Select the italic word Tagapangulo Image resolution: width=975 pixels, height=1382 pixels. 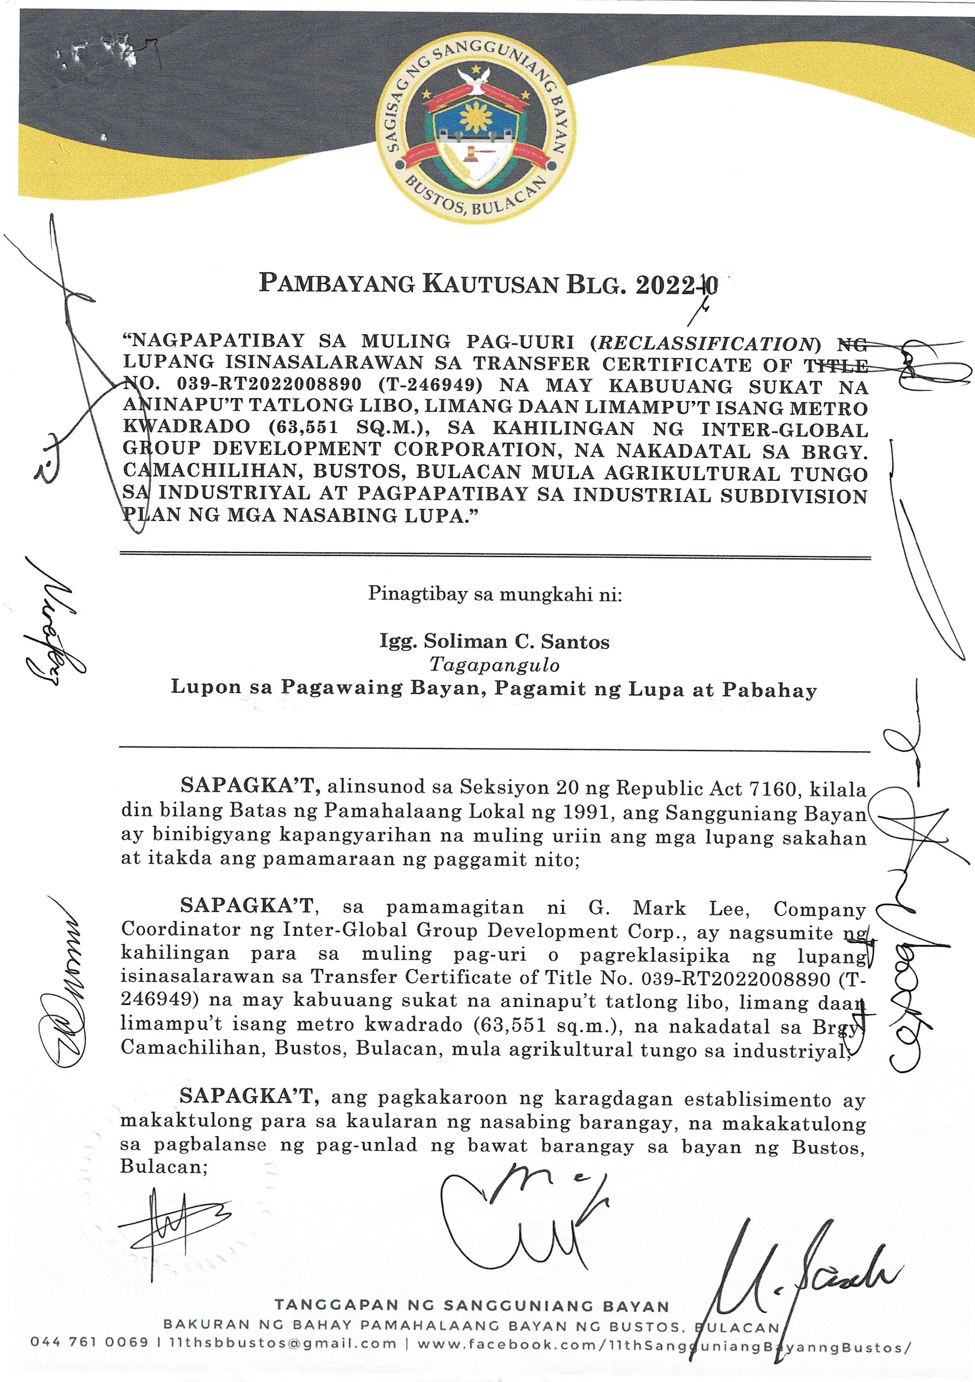coord(494,664)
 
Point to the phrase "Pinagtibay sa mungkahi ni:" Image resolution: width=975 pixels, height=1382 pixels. coord(494,595)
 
